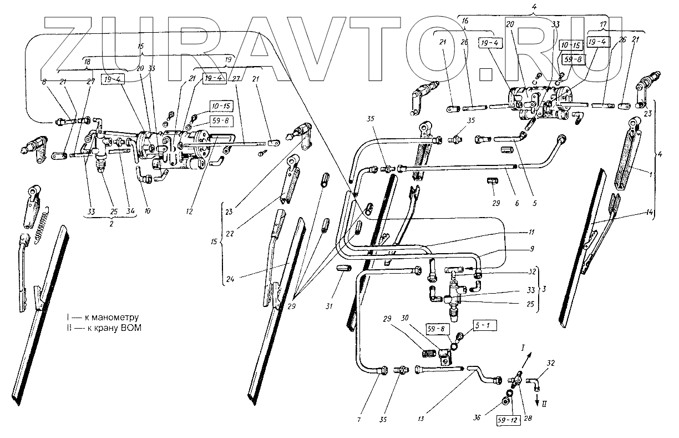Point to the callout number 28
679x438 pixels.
click(526, 417)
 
